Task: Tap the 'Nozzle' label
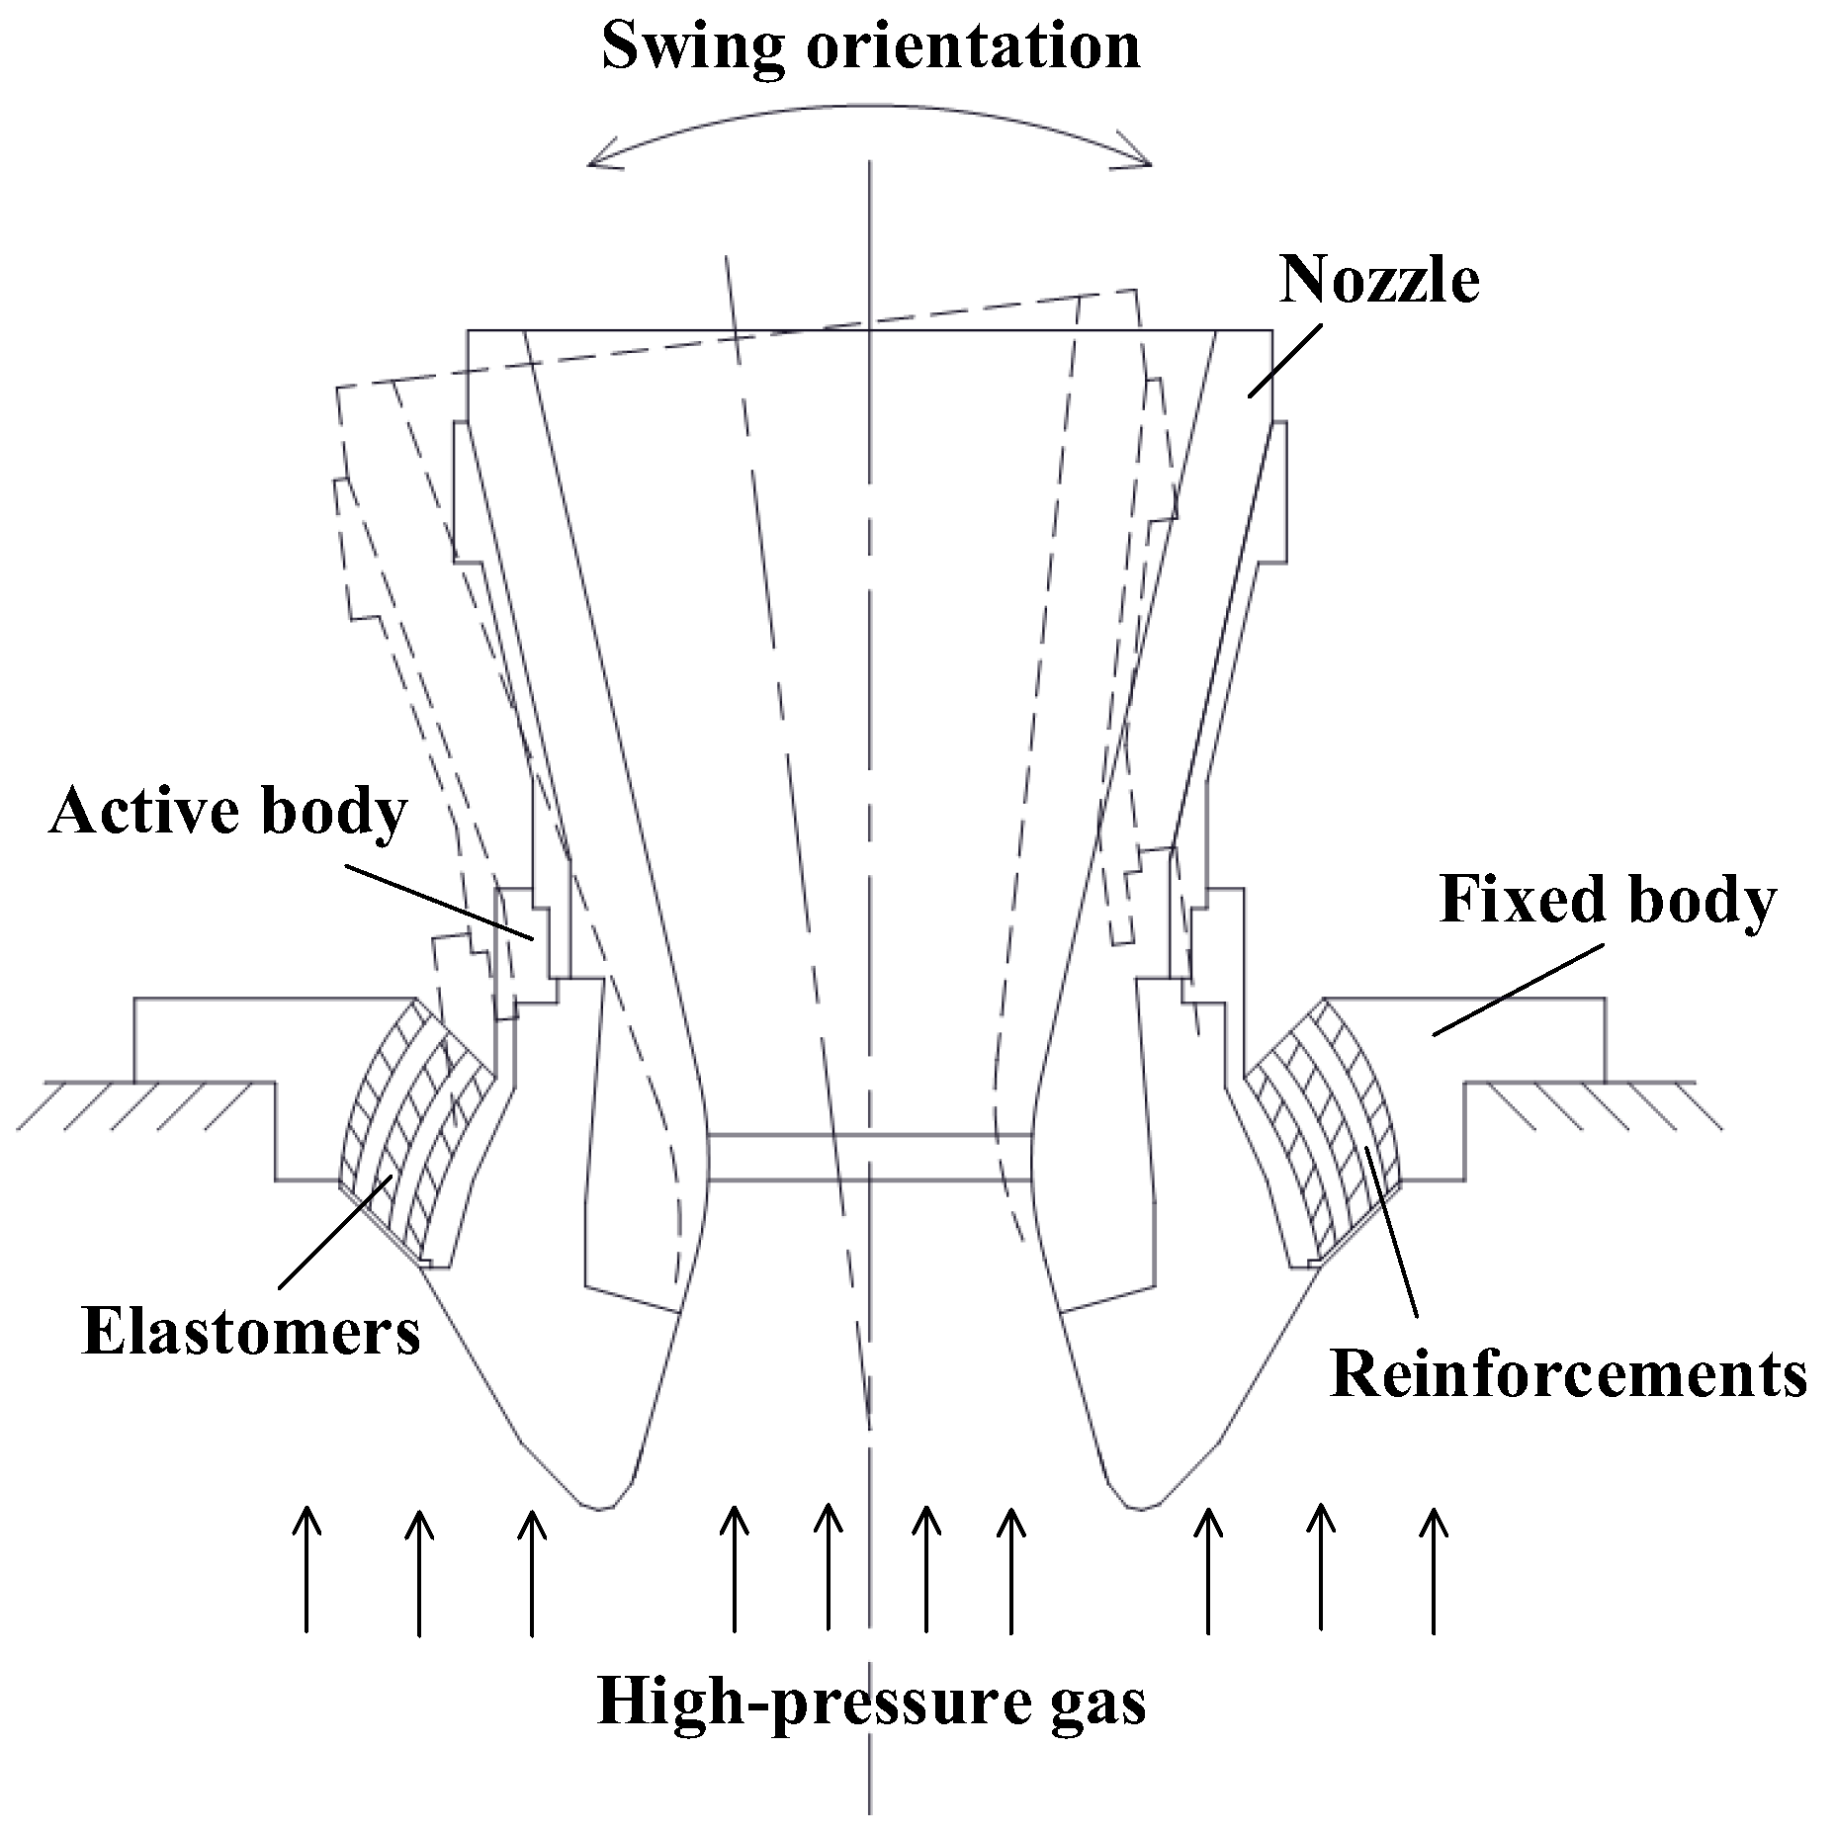pyautogui.click(x=1379, y=280)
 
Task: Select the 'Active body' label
pyautogui.click(x=227, y=813)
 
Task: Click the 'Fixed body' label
pyautogui.click(x=1607, y=901)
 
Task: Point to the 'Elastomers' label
pyautogui.click(x=251, y=1332)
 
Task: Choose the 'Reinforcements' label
pyautogui.click(x=1568, y=1374)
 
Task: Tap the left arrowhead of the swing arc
pyautogui.click(x=593, y=161)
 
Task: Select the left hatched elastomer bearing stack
pyautogui.click(x=415, y=1137)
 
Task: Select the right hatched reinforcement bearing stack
pyautogui.click(x=1325, y=1137)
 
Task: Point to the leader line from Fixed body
pyautogui.click(x=1518, y=990)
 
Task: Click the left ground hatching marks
pyautogui.click(x=148, y=1104)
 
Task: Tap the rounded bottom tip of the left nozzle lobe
pyautogui.click(x=598, y=1506)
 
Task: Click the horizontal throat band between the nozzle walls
pyautogui.click(x=870, y=1157)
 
